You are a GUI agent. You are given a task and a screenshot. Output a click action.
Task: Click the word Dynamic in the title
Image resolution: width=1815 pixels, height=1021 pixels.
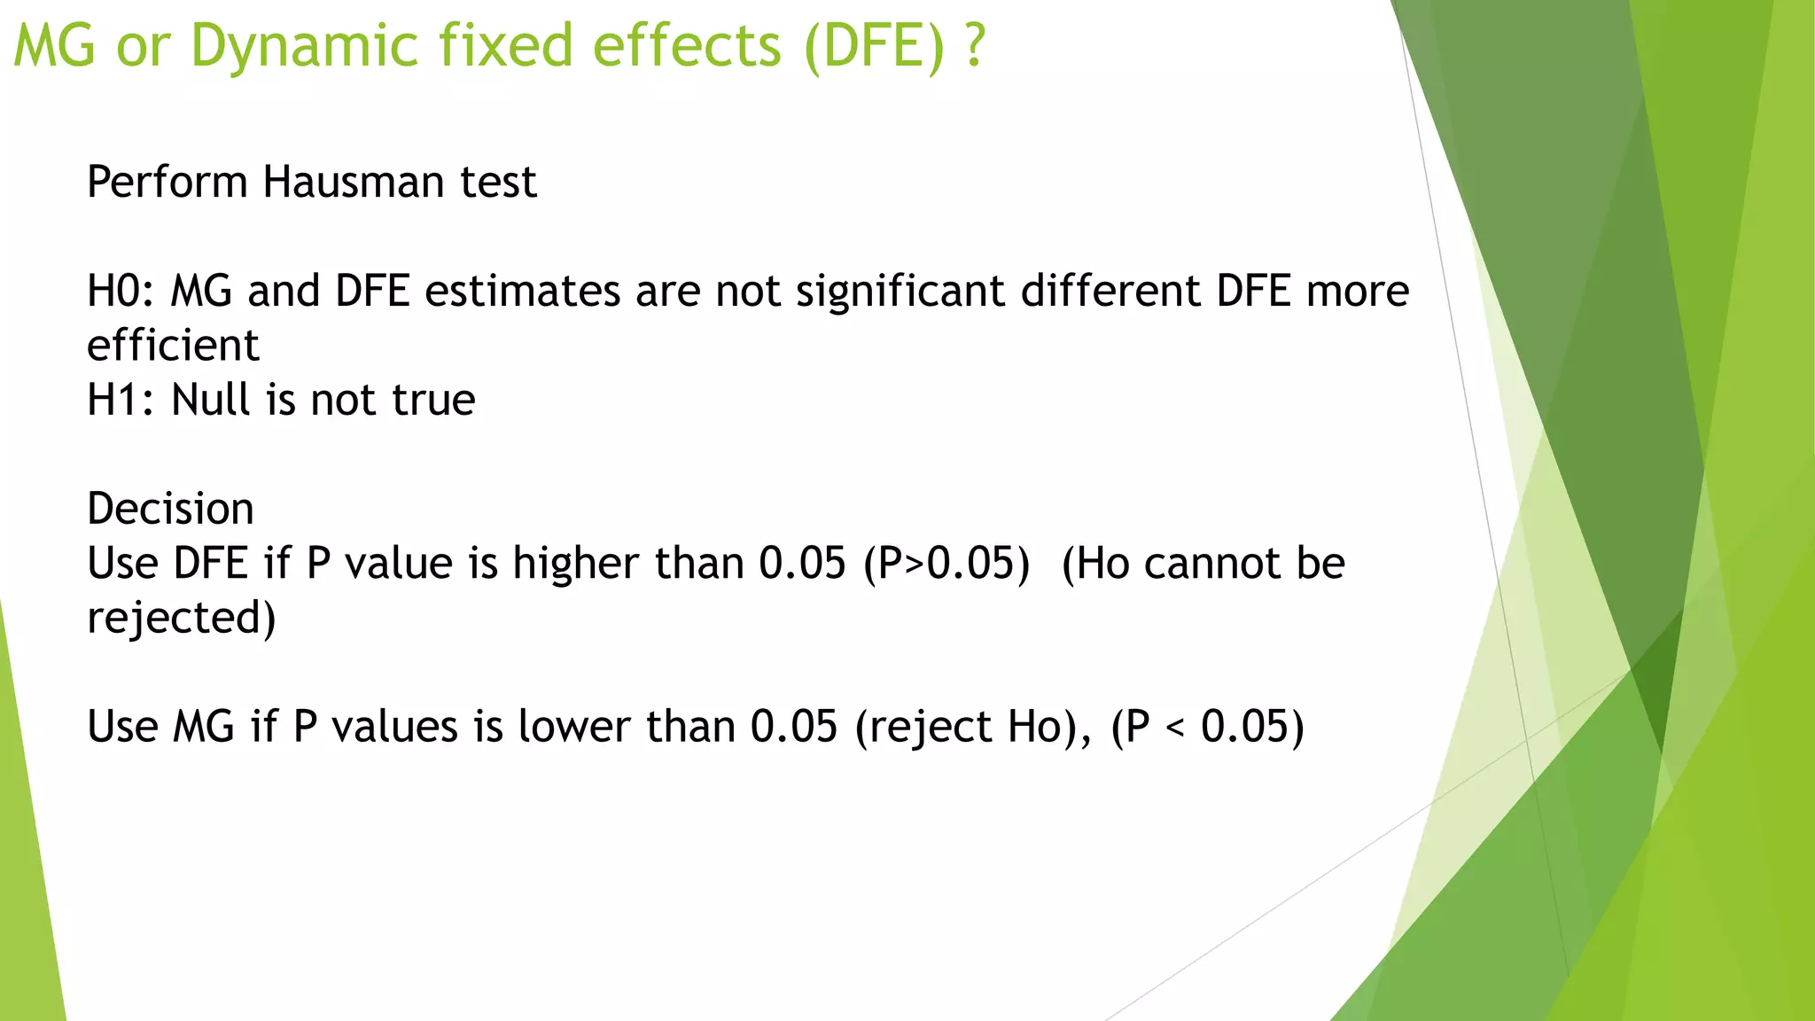(x=304, y=46)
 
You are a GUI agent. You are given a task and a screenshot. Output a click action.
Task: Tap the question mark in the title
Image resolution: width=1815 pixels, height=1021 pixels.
(x=975, y=46)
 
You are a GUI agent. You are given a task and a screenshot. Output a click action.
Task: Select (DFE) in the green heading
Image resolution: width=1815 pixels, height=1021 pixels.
(x=875, y=46)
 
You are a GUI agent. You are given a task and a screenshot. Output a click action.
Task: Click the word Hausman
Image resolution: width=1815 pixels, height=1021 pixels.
(x=353, y=183)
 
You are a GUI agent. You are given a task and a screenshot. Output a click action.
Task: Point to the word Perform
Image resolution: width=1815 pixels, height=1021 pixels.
(x=167, y=183)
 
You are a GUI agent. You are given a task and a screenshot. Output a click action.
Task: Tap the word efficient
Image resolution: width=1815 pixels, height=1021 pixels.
(x=173, y=346)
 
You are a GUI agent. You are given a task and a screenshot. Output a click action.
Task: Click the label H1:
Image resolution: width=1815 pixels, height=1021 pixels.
(x=120, y=400)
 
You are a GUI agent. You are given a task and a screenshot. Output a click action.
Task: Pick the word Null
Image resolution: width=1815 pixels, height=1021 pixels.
(x=211, y=400)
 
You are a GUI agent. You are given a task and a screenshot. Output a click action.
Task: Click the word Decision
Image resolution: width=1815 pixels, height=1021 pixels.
(x=170, y=509)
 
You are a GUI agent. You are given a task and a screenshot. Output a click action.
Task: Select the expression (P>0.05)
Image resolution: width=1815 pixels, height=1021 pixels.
(x=946, y=564)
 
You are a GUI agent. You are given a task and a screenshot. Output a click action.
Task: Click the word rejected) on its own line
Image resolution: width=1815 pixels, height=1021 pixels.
(x=181, y=618)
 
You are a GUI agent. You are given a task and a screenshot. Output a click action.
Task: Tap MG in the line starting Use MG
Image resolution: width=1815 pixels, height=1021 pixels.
(x=204, y=727)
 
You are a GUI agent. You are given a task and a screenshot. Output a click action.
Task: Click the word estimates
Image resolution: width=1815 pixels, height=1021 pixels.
(x=523, y=292)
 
